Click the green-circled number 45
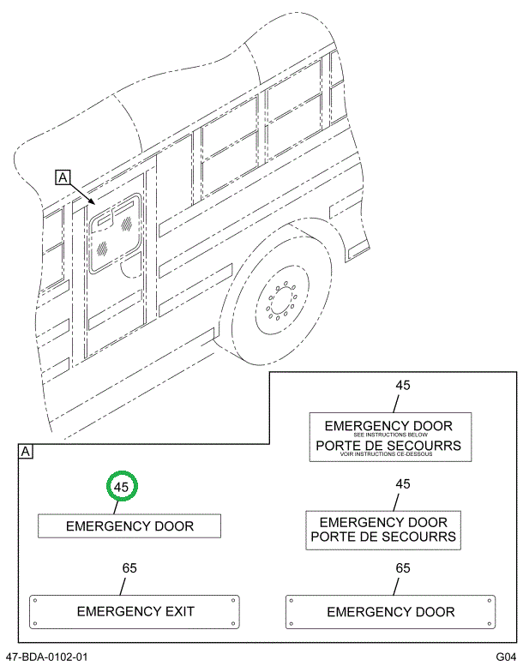pos(122,487)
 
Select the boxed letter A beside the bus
pos(63,177)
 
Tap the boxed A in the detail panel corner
pos(26,452)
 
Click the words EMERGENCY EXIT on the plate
pos(135,611)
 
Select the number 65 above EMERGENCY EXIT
pos(129,568)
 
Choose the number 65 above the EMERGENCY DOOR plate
pos(402,568)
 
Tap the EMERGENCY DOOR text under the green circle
pos(129,525)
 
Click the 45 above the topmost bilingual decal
pos(402,385)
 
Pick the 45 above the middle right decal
pos(402,484)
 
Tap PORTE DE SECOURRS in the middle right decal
pos(383,537)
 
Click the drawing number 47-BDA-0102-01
pos(46,657)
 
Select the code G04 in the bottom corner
pos(505,657)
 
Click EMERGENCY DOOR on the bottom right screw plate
pos(391,612)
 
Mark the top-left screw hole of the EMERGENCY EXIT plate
pos(35,601)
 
